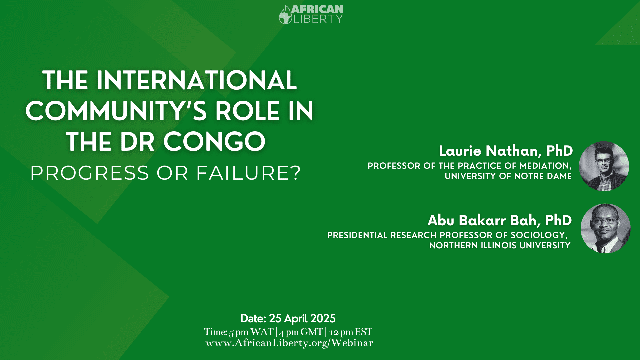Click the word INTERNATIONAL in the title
click(197, 80)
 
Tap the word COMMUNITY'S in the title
click(117, 111)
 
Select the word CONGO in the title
click(214, 142)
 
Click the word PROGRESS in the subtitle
click(90, 173)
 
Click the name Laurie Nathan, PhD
click(506, 151)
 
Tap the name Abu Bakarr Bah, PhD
click(500, 220)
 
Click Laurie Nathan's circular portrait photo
click(604, 166)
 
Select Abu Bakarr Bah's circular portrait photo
click(605, 228)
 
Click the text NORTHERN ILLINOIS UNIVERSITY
click(500, 246)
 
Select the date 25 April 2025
click(302, 319)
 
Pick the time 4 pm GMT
click(301, 332)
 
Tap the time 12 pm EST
click(351, 332)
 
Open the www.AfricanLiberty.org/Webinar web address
click(289, 343)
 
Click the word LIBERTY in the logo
click(318, 19)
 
